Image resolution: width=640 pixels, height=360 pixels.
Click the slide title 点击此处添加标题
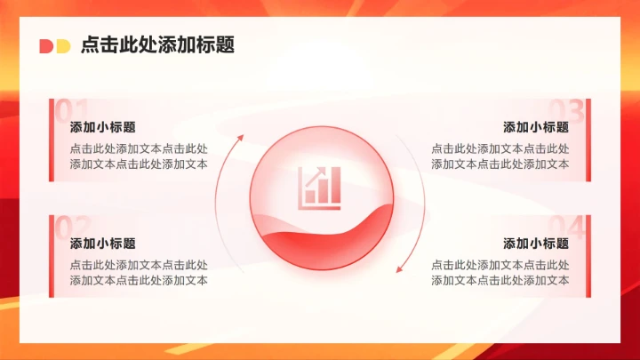point(157,45)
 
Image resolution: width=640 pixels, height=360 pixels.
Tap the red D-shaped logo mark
point(46,46)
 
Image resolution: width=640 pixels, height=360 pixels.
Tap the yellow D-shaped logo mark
point(62,46)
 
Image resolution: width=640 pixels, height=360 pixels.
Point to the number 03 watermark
point(570,109)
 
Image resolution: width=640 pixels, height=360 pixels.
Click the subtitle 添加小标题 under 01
point(103,127)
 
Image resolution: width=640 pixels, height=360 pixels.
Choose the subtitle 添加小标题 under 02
point(103,244)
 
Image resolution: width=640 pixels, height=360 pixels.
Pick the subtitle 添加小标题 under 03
point(536,127)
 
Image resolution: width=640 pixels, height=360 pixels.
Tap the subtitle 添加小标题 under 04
point(536,244)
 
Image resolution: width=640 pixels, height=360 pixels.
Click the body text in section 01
point(139,156)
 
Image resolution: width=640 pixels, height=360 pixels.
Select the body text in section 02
point(139,273)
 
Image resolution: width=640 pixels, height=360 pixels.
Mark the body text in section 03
point(500,156)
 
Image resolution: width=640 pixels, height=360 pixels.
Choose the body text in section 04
point(500,273)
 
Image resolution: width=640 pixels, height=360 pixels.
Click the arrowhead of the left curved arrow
point(239,138)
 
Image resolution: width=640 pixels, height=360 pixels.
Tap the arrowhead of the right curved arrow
point(399,268)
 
